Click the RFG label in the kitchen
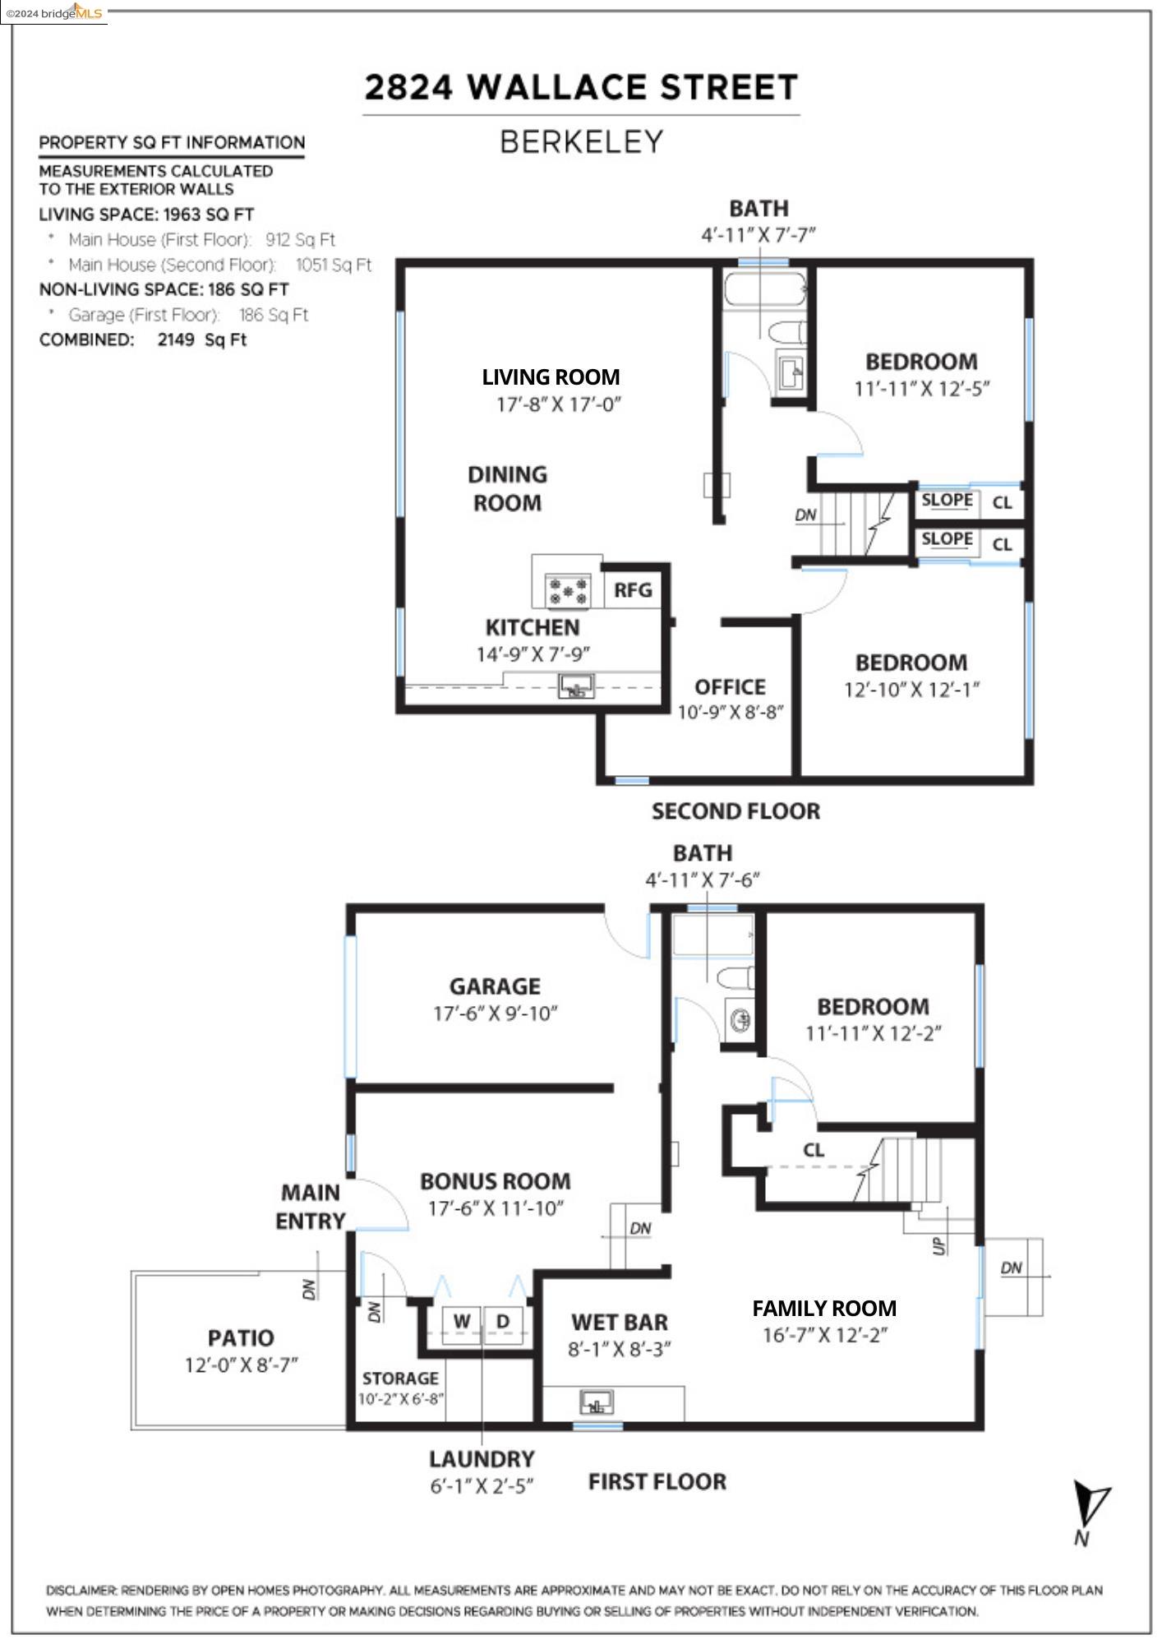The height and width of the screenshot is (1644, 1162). click(633, 590)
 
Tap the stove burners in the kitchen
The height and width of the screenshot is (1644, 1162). click(569, 591)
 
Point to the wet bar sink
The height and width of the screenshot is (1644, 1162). click(597, 1402)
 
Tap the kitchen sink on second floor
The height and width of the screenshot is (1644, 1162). click(576, 686)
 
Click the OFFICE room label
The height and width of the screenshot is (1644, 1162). click(730, 687)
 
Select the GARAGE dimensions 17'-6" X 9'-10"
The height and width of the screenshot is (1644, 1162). click(496, 1014)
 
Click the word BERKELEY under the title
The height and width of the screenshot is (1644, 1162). click(581, 142)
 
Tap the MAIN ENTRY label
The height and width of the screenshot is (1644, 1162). click(311, 1207)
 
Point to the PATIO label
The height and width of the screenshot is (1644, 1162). click(241, 1338)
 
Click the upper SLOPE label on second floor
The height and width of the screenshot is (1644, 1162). click(947, 501)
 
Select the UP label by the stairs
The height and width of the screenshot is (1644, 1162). click(939, 1246)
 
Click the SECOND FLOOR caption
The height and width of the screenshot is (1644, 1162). click(735, 811)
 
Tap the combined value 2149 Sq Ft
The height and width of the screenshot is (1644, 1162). click(202, 340)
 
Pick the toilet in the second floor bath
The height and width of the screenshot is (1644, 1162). click(786, 332)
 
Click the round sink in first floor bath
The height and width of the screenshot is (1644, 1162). click(740, 1020)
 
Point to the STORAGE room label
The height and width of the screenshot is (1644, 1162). click(400, 1378)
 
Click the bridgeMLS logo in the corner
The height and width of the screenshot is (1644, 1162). click(54, 12)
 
